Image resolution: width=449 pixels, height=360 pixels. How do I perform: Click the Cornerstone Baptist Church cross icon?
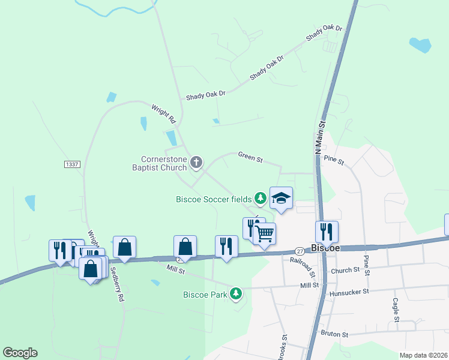196,162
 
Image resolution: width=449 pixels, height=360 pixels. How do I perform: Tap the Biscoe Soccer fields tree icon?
260,197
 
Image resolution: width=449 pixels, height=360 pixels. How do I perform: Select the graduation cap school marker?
280,198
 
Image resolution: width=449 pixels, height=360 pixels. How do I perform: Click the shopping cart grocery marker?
265,233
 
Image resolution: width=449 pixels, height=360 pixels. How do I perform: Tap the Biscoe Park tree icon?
237,293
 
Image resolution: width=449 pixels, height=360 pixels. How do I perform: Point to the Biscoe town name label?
326,248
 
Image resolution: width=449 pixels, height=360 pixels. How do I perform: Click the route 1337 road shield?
71,164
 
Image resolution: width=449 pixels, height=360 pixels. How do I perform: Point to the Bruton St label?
334,334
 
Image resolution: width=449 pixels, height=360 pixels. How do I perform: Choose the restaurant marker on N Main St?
327,231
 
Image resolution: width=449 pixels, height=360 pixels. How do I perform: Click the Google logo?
20,353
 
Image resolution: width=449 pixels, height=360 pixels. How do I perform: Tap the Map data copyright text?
424,355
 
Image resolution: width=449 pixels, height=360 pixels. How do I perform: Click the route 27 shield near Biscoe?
300,251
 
